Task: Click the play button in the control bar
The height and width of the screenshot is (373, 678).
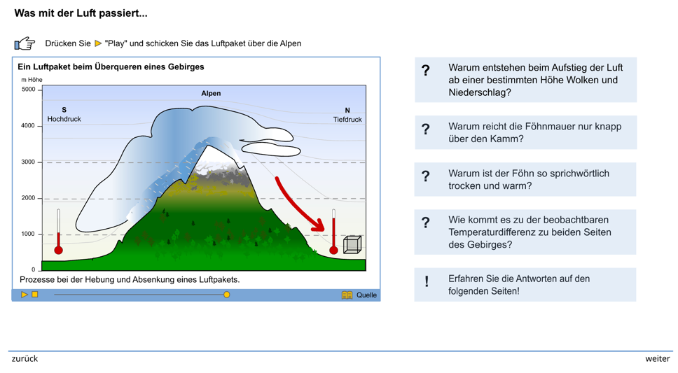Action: [25, 295]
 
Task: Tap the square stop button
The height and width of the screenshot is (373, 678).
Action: [35, 295]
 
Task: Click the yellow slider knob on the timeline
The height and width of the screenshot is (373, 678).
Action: [226, 295]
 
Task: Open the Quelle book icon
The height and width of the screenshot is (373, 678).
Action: [347, 295]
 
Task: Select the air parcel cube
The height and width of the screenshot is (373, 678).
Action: [352, 245]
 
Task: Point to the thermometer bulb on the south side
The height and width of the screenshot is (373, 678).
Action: [58, 250]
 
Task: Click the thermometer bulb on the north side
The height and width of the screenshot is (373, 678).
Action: [333, 250]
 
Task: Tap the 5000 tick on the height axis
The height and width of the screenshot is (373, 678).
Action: [39, 90]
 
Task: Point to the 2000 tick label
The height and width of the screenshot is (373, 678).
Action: [29, 198]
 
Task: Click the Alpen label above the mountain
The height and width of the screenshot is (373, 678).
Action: [211, 93]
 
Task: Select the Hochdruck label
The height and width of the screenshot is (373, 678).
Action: [64, 119]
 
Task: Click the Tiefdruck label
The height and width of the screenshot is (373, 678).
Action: [347, 120]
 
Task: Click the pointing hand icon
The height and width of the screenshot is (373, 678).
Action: [25, 43]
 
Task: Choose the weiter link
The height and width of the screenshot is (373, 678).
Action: [657, 359]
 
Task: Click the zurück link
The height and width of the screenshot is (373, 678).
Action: [25, 359]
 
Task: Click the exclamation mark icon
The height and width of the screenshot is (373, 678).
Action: [427, 282]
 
